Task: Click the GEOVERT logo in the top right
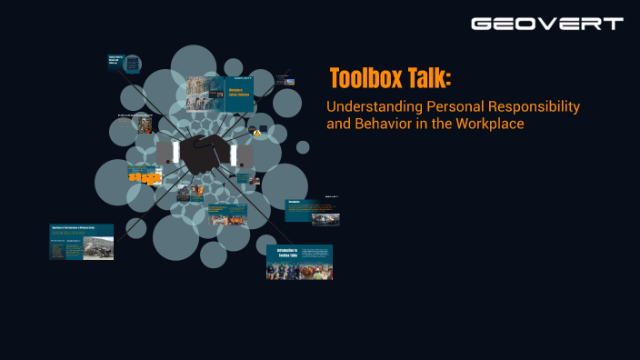tap(546, 24)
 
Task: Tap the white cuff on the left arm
tap(175, 154)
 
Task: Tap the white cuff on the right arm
tap(234, 155)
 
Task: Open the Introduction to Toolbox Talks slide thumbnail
tap(299, 261)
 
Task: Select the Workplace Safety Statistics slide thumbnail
tap(220, 94)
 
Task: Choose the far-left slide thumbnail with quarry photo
tap(81, 241)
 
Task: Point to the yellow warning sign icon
tap(257, 133)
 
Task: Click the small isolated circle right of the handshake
tap(303, 146)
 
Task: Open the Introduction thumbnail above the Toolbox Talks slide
tap(313, 212)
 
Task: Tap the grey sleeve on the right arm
tap(245, 155)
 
